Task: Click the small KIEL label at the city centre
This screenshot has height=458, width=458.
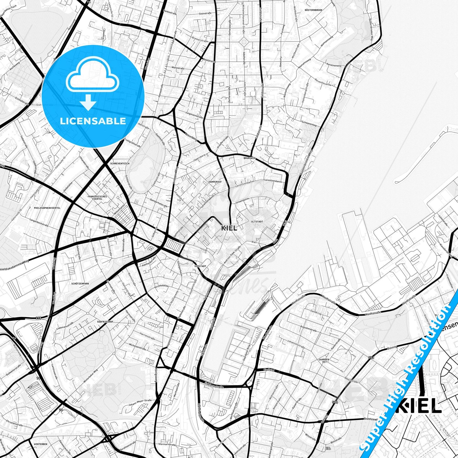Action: point(229,228)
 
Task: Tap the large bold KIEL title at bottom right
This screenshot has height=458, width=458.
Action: point(418,406)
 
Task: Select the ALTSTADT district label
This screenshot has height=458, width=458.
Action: point(257,222)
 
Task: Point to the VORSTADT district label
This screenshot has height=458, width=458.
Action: point(200,266)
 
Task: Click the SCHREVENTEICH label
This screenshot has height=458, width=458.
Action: point(120,164)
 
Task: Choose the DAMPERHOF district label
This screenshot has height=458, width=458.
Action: point(215,182)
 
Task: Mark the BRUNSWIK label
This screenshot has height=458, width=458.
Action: point(249,158)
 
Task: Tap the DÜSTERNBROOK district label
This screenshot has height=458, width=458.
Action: point(313,10)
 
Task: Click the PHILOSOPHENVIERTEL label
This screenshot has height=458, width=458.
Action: point(47,208)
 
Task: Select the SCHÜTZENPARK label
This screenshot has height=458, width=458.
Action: point(80,284)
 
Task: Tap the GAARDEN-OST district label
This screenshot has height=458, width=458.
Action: point(324,361)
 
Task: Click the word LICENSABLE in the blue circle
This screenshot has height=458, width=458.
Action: point(93,121)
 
